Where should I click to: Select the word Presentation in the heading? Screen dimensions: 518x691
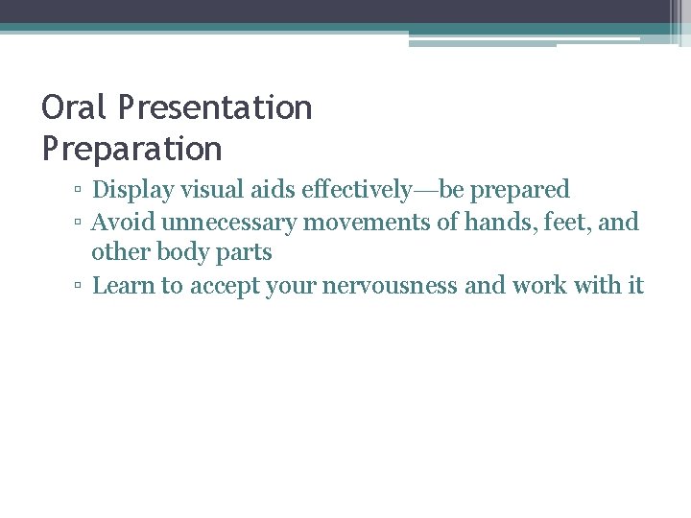click(x=216, y=107)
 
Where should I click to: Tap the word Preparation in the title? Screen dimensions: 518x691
click(x=131, y=149)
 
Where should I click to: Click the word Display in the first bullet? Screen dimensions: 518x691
click(x=132, y=190)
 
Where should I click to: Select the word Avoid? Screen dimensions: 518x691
click(x=124, y=223)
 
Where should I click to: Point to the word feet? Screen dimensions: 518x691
click(x=567, y=223)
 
